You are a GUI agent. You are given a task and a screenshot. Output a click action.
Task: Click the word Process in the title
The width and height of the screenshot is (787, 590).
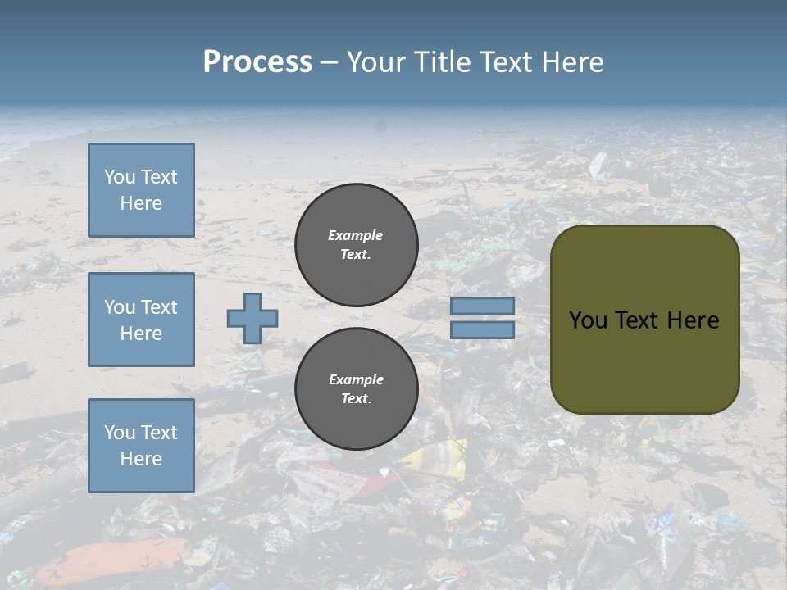tap(257, 62)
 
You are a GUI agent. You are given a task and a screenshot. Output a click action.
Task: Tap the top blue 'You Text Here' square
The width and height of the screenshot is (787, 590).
tap(141, 190)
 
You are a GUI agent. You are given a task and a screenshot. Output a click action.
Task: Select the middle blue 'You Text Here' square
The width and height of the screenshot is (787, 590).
tap(141, 320)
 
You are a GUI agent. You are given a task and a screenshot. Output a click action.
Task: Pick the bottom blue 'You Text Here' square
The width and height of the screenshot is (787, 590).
tap(141, 446)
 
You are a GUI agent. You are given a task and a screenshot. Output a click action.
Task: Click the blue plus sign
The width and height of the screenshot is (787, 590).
tap(252, 318)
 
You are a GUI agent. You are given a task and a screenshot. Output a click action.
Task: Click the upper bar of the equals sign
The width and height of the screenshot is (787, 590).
tap(482, 306)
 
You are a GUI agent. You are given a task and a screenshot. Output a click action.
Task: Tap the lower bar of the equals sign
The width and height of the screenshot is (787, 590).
tap(482, 329)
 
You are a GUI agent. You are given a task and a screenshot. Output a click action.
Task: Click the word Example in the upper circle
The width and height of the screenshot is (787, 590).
tap(356, 235)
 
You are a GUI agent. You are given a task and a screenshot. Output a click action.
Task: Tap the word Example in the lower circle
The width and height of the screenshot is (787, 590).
tap(356, 379)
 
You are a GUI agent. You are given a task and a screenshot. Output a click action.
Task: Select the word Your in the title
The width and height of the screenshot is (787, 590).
tap(375, 62)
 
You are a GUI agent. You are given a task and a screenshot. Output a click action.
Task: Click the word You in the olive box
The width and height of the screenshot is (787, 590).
tap(588, 320)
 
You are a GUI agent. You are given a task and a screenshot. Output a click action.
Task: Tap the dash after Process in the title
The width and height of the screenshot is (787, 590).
tap(329, 62)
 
